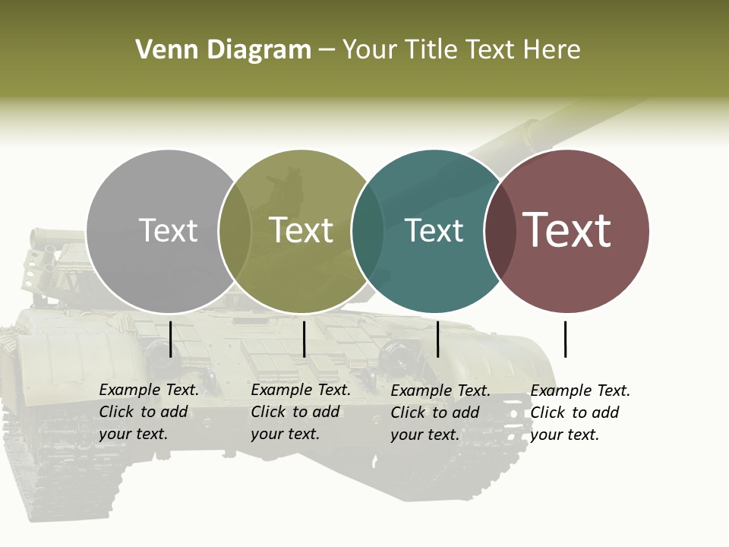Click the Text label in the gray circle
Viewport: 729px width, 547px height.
pyautogui.click(x=168, y=230)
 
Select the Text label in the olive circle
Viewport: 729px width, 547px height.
pyautogui.click(x=301, y=230)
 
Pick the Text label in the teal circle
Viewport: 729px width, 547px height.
pyautogui.click(x=434, y=230)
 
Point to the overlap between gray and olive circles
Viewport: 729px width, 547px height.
pyautogui.click(x=235, y=231)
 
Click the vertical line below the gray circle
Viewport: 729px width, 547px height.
pyautogui.click(x=171, y=339)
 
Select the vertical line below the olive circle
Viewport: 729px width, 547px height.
pyautogui.click(x=304, y=339)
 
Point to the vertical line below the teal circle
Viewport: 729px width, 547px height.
pyautogui.click(x=437, y=339)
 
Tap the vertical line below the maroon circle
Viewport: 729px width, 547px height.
pyautogui.click(x=565, y=339)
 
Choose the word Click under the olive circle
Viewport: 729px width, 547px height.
pyautogui.click(x=268, y=413)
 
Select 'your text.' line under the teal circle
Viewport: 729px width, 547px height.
pyautogui.click(x=424, y=435)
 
